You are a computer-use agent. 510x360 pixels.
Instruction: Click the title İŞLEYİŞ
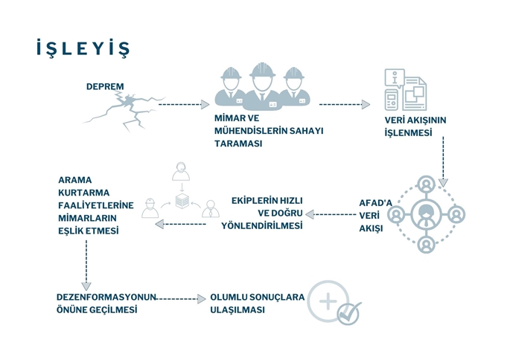pos(83,48)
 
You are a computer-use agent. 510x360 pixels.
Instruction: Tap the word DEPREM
pos(105,87)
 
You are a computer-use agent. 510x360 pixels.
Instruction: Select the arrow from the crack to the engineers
pos(184,104)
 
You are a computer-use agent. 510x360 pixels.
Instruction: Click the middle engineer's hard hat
pos(263,70)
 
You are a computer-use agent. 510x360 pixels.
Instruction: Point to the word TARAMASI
pos(238,144)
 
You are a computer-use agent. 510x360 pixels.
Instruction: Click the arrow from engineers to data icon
pos(345,104)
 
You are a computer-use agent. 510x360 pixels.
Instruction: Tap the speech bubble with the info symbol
pos(395,77)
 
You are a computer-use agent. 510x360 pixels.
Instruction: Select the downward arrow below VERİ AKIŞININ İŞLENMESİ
pos(443,161)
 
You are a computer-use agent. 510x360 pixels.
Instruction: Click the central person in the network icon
pos(426,215)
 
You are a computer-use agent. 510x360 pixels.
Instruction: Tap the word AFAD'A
pos(376,203)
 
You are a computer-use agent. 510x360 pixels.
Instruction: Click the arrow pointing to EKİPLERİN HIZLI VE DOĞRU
pos(331,214)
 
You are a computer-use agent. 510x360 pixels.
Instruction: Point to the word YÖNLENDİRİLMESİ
pos(262,226)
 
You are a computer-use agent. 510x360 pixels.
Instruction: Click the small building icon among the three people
pos(182,201)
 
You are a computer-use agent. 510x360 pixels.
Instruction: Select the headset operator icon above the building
pos(181,171)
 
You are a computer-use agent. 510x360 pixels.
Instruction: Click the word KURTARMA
pos(84,193)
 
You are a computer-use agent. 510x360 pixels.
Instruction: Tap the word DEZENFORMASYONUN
pos(106,297)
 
